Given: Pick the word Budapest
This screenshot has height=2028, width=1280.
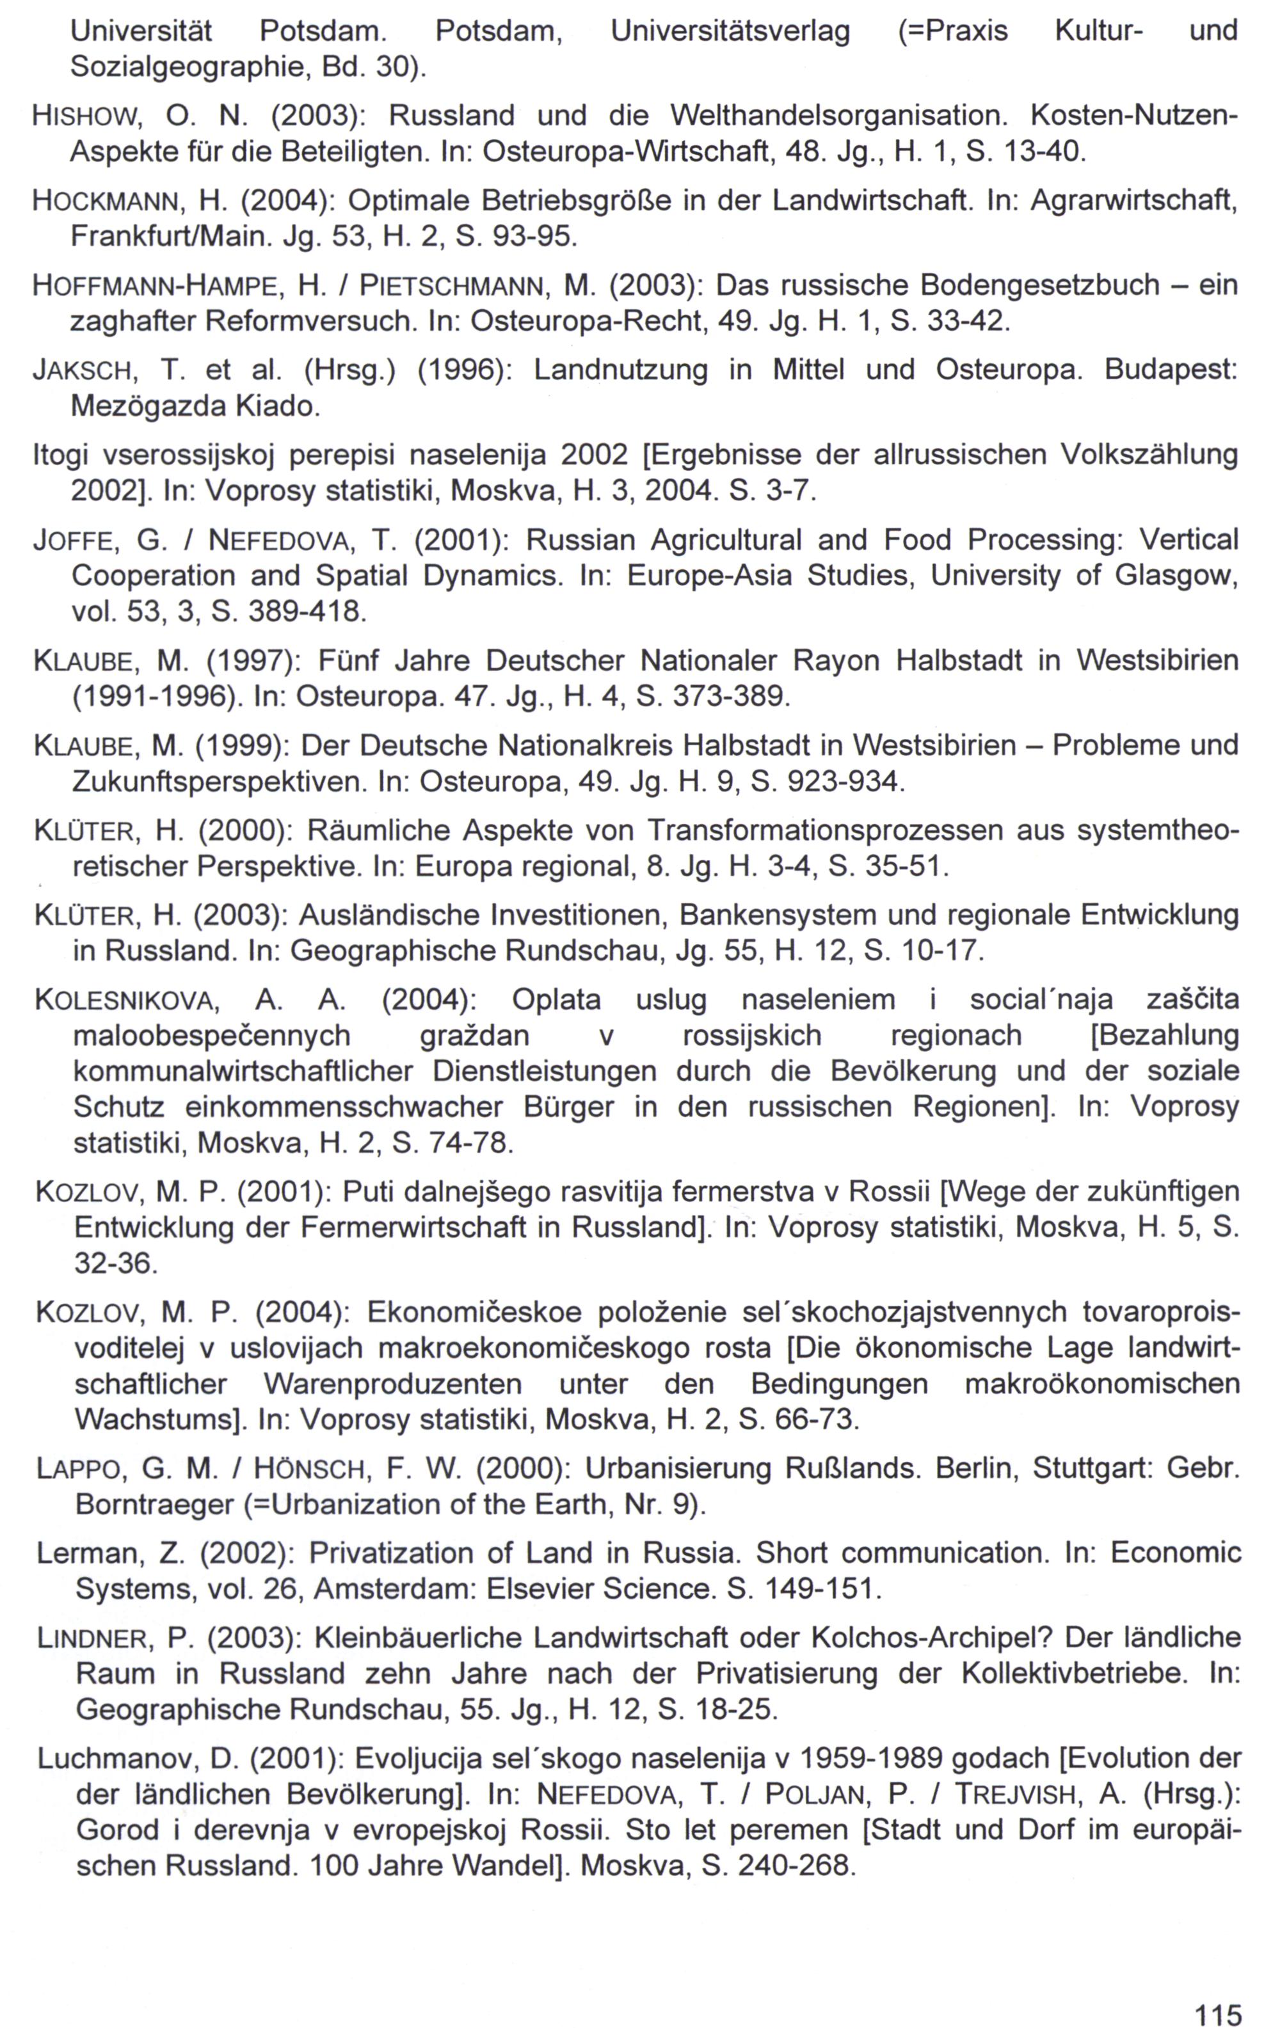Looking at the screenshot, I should point(1171,370).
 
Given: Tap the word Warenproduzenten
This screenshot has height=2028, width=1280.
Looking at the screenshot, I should point(393,1384).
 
